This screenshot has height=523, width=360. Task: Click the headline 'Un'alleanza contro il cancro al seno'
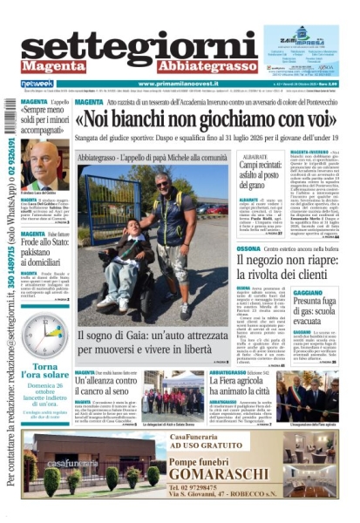click(x=106, y=387)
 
